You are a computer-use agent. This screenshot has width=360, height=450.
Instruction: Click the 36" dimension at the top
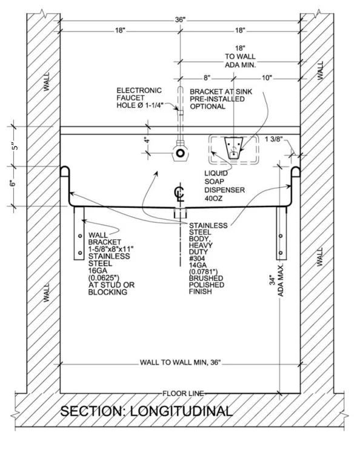180,20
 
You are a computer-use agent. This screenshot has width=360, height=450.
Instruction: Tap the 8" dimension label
207,78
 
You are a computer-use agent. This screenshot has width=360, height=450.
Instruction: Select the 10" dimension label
267,78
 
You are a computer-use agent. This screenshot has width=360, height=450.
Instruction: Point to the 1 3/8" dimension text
273,139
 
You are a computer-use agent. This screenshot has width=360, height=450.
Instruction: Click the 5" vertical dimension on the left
15,146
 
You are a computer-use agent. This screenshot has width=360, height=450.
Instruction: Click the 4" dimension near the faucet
147,140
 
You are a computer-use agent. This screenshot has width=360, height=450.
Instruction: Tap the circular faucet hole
180,153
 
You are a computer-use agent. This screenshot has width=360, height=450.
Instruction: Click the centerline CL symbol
180,194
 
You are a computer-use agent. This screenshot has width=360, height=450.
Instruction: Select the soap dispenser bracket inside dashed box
234,148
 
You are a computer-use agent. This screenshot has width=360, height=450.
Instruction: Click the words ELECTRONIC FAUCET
139,94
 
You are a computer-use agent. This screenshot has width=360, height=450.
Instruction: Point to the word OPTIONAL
207,107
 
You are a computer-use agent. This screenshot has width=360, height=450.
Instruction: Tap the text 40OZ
213,198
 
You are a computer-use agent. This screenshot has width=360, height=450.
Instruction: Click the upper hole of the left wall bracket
80,236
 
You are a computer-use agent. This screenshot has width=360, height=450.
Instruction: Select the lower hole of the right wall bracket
281,253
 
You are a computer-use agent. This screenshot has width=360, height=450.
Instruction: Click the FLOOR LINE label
183,393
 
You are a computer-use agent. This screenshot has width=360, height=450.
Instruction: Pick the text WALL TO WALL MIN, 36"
180,362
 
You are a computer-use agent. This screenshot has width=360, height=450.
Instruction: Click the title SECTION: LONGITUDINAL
146,411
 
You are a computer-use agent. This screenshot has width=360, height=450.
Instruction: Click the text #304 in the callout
197,259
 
